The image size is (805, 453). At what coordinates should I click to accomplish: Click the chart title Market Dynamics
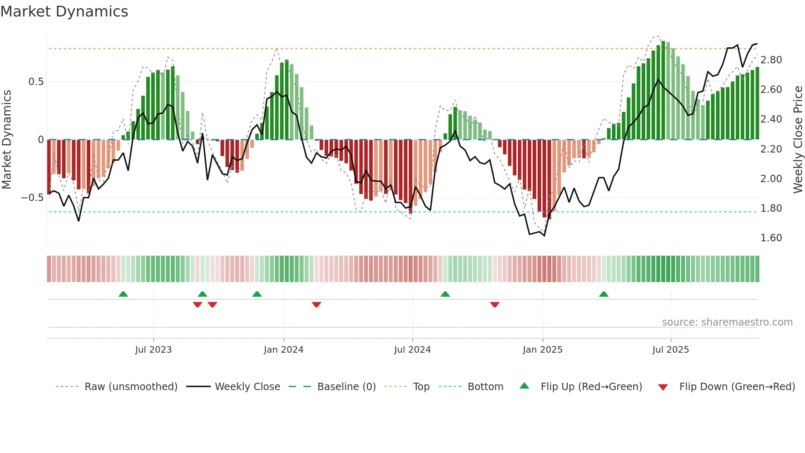pos(64,12)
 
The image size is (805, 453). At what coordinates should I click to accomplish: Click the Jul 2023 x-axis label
pos(153,350)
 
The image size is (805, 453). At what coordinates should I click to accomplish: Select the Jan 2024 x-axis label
pos(283,350)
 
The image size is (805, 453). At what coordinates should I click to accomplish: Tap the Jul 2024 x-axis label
pos(412,350)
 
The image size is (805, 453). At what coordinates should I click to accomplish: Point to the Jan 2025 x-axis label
pos(543,350)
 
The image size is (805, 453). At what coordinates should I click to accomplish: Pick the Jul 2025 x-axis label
pos(671,350)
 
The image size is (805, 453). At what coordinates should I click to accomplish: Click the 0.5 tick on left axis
pos(36,82)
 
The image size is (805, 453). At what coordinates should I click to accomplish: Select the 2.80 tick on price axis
pos(771,60)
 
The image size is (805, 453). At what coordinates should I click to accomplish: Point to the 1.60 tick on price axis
pos(771,238)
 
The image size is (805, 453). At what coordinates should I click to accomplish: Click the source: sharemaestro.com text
pos(727,322)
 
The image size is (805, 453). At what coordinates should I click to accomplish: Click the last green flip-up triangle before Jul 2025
pos(604,294)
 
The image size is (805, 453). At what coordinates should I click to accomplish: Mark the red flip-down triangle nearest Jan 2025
pos(495,305)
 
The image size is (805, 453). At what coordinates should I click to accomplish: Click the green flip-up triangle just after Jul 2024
pos(445,294)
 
